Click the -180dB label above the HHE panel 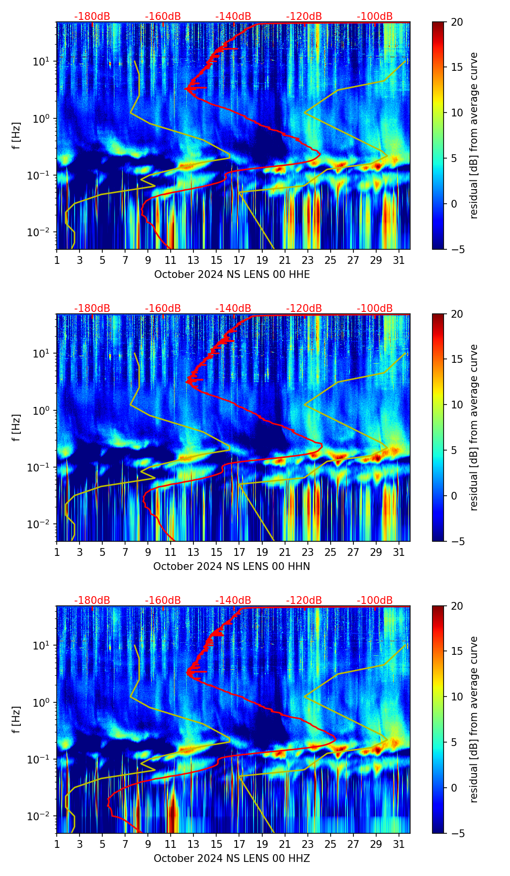(x=92, y=16)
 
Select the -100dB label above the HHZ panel (x=375, y=600)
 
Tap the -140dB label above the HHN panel (x=233, y=308)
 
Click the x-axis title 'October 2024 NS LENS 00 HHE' (x=232, y=275)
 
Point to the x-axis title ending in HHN (x=232, y=567)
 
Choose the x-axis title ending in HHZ (x=232, y=859)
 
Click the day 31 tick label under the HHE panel (x=399, y=260)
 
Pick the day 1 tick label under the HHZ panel (x=57, y=844)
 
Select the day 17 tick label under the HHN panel (x=239, y=552)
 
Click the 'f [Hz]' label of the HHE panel (x=16, y=136)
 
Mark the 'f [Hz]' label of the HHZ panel (x=16, y=720)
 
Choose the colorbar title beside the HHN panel (x=474, y=428)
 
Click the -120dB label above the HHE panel (x=304, y=16)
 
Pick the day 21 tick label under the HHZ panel (x=285, y=844)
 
